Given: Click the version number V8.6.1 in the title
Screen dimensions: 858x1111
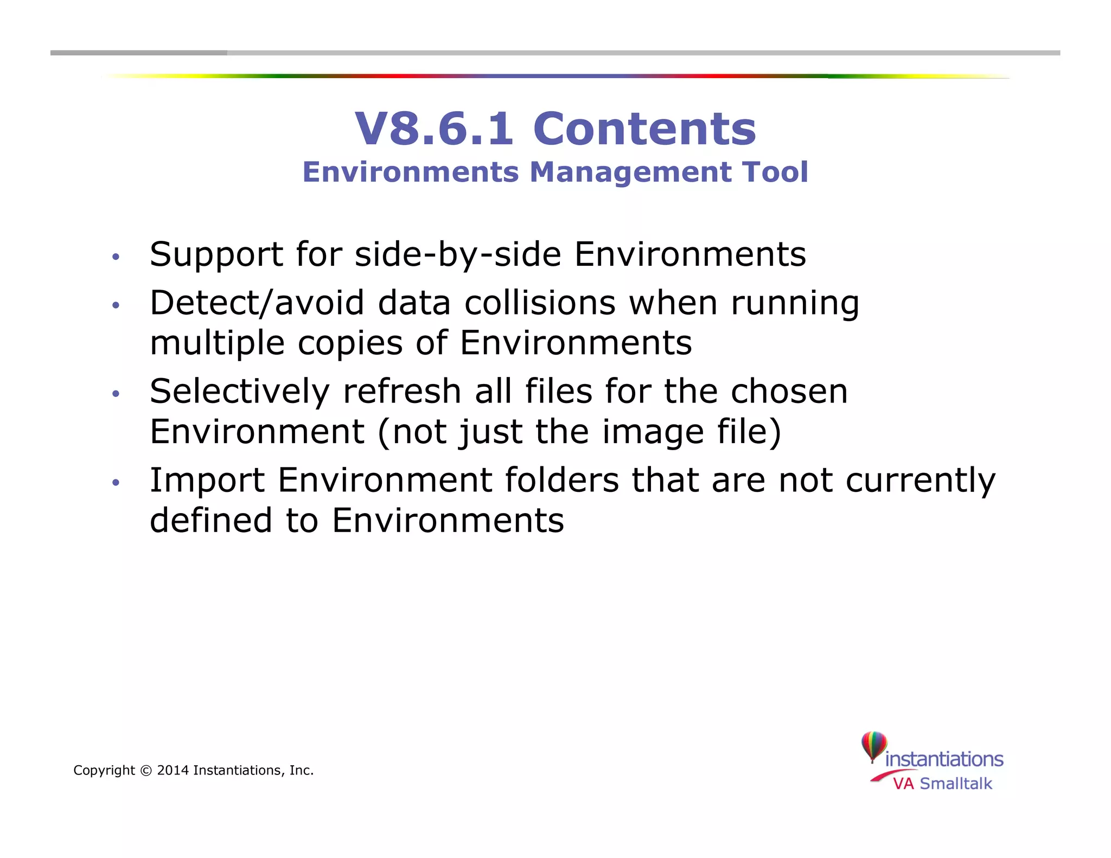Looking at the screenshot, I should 433,129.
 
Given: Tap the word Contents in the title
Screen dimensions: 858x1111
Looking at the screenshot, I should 644,129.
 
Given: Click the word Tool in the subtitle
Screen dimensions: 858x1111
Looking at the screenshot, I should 776,172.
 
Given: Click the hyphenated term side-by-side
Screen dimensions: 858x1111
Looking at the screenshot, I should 458,255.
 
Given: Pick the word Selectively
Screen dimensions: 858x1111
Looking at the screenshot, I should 240,392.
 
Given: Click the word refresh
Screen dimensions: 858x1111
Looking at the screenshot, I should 402,392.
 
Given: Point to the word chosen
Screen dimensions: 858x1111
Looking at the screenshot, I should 789,392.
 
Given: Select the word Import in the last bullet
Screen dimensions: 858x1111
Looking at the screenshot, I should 207,481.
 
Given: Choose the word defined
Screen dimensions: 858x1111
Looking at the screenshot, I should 210,521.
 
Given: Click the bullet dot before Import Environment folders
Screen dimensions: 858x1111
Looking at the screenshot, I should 115,482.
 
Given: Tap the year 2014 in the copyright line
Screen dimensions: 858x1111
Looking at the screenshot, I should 173,771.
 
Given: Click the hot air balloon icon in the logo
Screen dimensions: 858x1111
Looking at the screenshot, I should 873,746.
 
